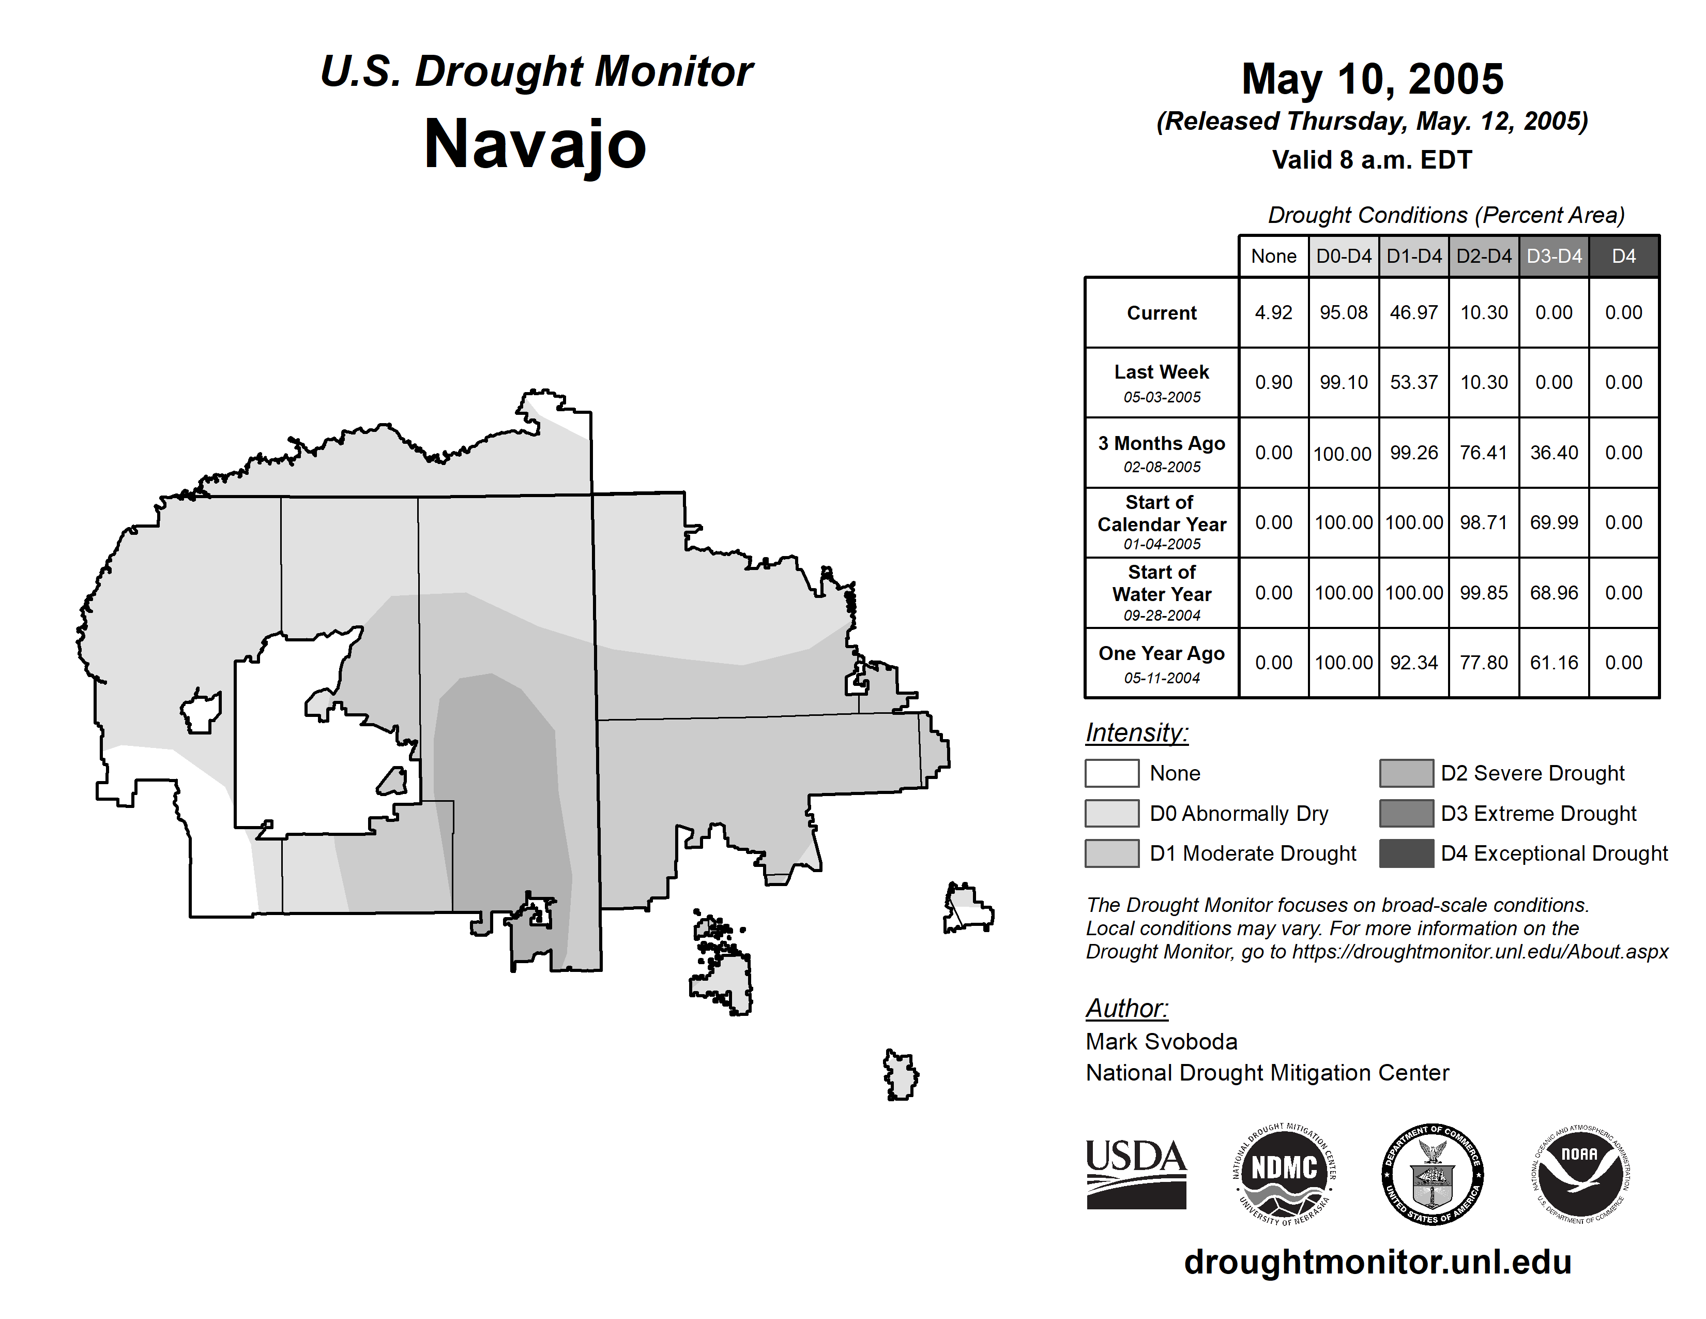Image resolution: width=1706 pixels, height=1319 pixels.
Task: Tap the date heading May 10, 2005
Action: tap(1373, 79)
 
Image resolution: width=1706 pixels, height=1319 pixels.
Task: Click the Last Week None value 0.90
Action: tap(1273, 382)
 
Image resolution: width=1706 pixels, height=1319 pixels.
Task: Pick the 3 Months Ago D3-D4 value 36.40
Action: tap(1553, 453)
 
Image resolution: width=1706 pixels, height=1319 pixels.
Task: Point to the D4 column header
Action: tap(1623, 256)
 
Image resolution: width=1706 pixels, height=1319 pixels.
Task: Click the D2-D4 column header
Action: tap(1483, 256)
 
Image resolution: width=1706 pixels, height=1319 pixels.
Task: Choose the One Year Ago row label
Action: tap(1162, 663)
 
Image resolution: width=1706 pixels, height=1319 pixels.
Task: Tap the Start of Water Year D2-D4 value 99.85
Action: tap(1483, 592)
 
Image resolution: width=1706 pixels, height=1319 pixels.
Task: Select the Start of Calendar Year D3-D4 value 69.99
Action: tap(1553, 522)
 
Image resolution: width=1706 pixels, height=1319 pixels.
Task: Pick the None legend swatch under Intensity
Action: tap(1111, 773)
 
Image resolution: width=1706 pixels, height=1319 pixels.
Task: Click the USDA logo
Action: tap(1136, 1174)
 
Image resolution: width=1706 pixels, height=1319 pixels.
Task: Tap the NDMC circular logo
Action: tap(1284, 1174)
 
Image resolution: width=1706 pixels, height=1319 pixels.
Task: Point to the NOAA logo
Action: tap(1580, 1174)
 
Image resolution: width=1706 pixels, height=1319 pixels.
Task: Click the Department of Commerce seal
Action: tap(1433, 1174)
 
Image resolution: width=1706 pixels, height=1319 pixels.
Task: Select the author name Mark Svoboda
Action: tap(1162, 1042)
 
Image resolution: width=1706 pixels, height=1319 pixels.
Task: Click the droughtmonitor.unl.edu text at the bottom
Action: tap(1378, 1263)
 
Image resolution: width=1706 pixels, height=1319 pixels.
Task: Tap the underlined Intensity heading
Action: tap(1136, 733)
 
